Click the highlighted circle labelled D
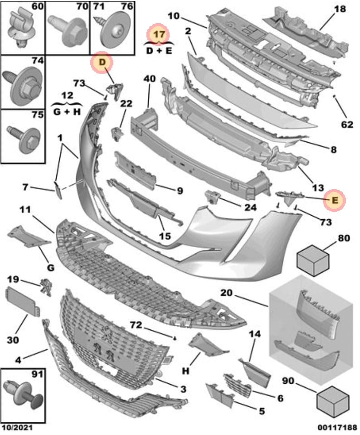(x=102, y=63)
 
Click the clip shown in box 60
(x=20, y=27)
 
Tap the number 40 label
(x=150, y=79)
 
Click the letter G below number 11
(x=50, y=268)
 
